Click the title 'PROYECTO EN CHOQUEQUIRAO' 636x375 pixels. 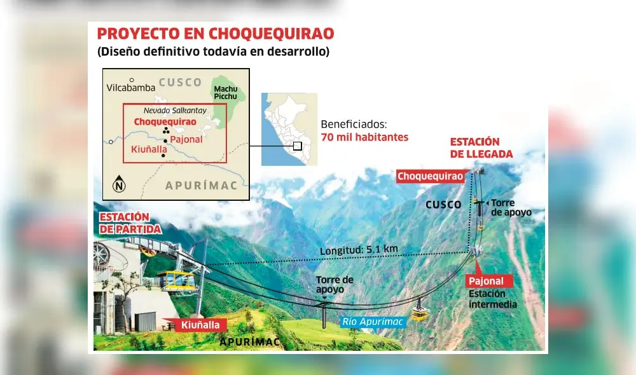click(x=216, y=34)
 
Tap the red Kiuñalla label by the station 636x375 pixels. click(x=199, y=325)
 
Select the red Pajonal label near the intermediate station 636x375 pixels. click(x=486, y=281)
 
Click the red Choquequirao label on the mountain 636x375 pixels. click(x=431, y=176)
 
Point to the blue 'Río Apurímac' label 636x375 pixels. click(x=372, y=322)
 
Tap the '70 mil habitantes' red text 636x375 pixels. click(x=364, y=137)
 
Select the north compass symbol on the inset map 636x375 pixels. click(x=120, y=185)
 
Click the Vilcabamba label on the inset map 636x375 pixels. click(x=131, y=88)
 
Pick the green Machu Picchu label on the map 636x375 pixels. click(x=225, y=93)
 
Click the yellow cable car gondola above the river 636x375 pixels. click(x=420, y=312)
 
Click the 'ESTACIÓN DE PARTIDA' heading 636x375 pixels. click(x=130, y=223)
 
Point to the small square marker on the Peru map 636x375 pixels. click(x=297, y=146)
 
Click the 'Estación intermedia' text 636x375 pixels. click(x=492, y=299)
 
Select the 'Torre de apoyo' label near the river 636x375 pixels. click(x=335, y=284)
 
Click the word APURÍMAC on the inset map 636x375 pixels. click(x=200, y=186)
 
